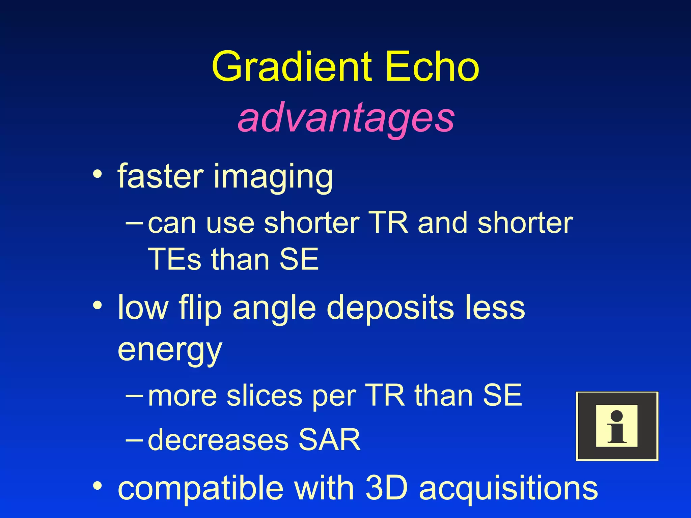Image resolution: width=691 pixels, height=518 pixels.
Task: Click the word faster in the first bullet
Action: [161, 176]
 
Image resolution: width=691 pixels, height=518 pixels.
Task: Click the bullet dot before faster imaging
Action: [98, 174]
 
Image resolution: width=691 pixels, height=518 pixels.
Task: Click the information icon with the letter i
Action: [617, 426]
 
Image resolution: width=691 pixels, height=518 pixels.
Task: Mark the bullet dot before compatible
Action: [98, 486]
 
